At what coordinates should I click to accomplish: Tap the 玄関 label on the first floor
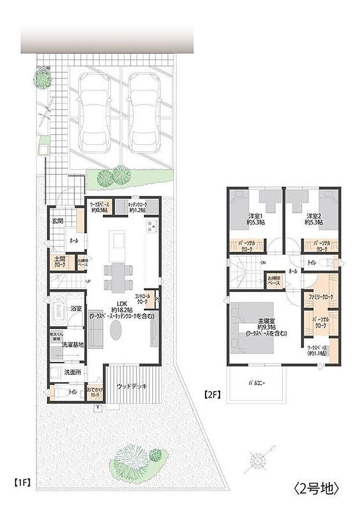point(58,221)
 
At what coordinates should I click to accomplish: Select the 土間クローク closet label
point(60,261)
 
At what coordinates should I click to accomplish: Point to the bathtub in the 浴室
point(57,312)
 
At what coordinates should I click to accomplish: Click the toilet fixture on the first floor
point(59,393)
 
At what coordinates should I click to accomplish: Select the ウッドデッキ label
point(131,385)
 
